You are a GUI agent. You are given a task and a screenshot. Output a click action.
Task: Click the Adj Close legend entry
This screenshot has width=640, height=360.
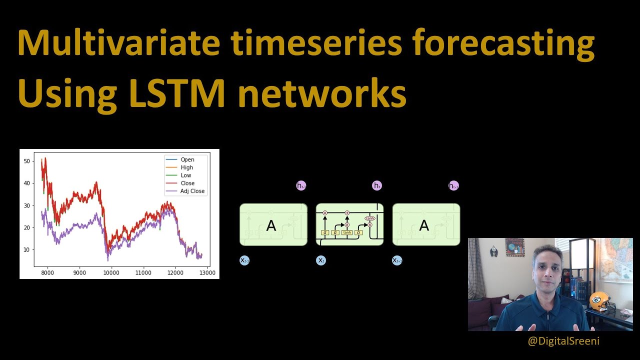pos(192,191)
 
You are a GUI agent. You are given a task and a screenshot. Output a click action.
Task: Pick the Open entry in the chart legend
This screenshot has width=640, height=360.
pos(187,159)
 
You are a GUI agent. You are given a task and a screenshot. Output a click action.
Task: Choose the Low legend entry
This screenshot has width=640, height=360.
pos(185,175)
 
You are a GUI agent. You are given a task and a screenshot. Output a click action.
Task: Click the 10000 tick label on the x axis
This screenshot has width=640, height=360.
pos(111,273)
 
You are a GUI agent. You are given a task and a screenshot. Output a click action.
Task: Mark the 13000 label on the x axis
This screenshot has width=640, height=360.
pos(207,273)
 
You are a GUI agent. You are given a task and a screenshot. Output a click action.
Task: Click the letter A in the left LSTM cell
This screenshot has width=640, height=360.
pos(271,225)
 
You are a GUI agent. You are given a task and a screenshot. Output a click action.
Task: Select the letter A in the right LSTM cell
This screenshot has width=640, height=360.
pos(424,225)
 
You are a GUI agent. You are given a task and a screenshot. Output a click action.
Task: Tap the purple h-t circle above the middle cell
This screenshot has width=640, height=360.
pos(377,185)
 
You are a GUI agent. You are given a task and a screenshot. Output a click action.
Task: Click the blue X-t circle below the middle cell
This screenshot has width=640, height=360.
pos(321,260)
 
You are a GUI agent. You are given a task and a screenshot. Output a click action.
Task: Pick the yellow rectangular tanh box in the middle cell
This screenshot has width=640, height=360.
pos(346,232)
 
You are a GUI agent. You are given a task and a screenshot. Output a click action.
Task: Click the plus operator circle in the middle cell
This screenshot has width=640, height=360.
pos(347,213)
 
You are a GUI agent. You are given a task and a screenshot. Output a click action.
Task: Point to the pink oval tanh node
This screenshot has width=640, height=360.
pos(369,218)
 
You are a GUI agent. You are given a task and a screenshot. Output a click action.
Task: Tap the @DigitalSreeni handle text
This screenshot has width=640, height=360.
pos(563,341)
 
